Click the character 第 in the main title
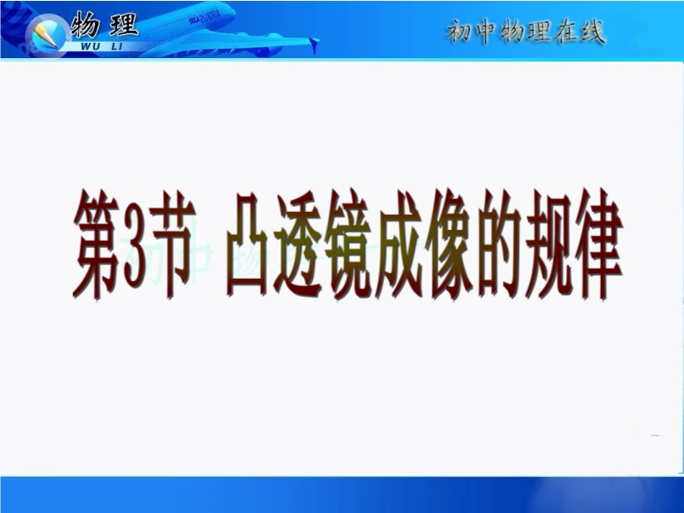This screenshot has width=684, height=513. pyautogui.click(x=97, y=244)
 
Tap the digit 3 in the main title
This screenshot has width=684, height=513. pyautogui.click(x=134, y=244)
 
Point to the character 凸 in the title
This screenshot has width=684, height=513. pyautogui.click(x=249, y=244)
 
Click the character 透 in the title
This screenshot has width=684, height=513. pyautogui.click(x=299, y=244)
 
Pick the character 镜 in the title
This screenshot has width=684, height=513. pyautogui.click(x=350, y=244)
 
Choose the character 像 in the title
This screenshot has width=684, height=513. pyautogui.click(x=451, y=244)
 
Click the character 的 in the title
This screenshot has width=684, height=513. pyautogui.click(x=499, y=244)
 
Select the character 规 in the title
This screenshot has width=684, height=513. pyautogui.click(x=549, y=244)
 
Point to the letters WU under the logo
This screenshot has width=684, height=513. pyautogui.click(x=90, y=45)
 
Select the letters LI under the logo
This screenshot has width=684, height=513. pyautogui.click(x=116, y=45)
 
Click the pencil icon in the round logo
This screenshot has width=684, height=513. pyautogui.click(x=46, y=35)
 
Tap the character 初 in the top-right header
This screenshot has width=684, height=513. pyautogui.click(x=459, y=32)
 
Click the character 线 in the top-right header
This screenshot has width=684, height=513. pyautogui.click(x=592, y=32)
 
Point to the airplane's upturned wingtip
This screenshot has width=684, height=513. pyautogui.click(x=314, y=45)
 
